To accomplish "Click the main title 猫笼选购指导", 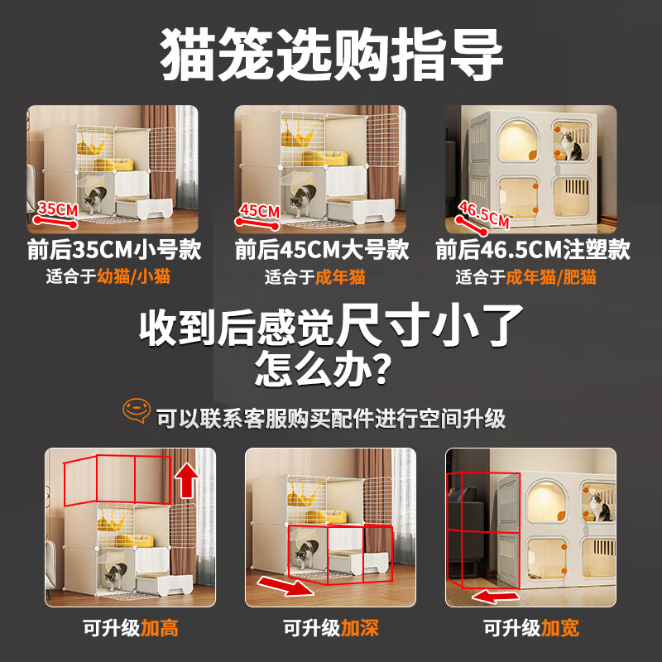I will [x=331, y=55].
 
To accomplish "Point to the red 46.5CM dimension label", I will [x=484, y=217].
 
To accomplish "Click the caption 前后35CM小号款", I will [x=114, y=249].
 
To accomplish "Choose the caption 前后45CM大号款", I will [x=321, y=249].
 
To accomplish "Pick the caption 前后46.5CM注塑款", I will [x=532, y=249].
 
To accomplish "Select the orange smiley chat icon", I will [x=136, y=410].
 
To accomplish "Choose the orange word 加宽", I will [x=560, y=628].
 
